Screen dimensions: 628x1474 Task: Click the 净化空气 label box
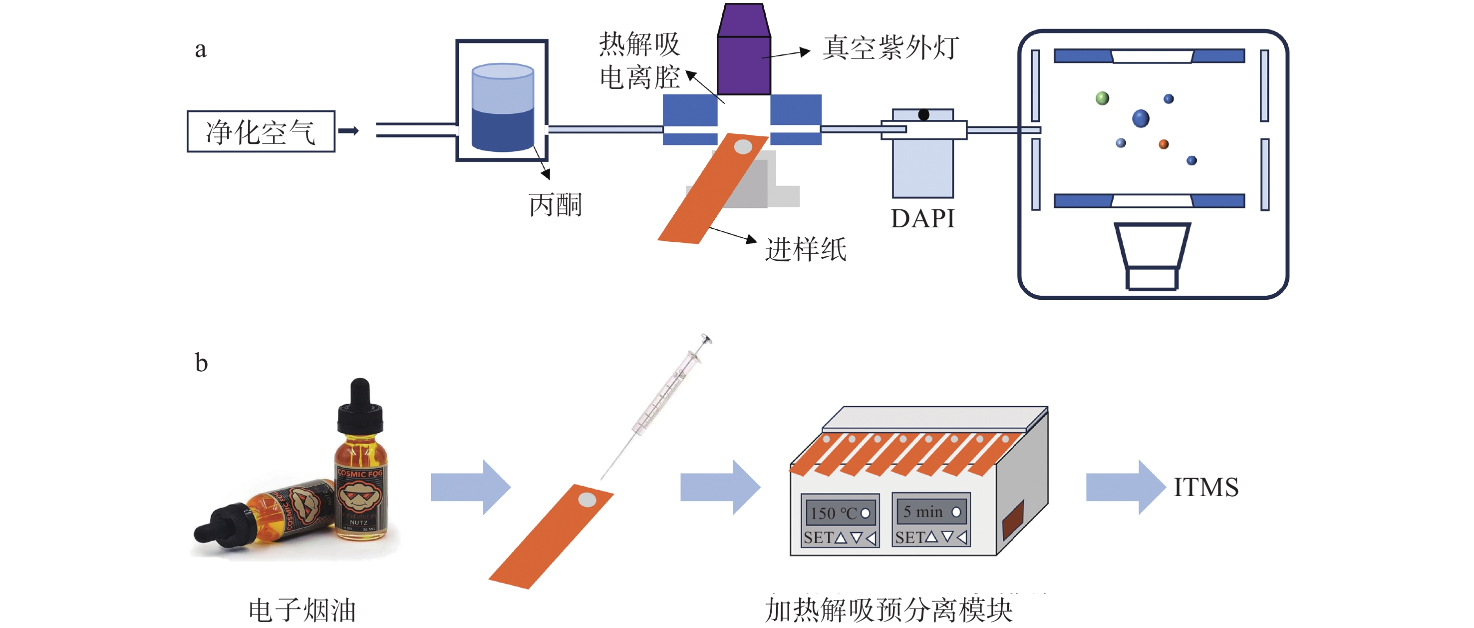261,132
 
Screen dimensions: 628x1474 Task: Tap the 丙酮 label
555,205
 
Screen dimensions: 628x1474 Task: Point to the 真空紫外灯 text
890,47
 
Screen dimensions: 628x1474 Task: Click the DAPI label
922,219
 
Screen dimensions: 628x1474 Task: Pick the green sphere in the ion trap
1102,98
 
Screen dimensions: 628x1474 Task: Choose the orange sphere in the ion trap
1164,144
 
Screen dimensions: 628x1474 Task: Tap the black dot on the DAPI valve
923,115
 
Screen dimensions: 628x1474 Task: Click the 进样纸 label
806,250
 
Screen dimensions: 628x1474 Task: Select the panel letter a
200,50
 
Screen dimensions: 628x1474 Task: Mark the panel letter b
201,363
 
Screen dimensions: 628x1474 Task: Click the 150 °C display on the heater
839,513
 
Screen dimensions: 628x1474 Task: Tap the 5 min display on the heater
930,511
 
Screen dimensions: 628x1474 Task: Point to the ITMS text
1205,488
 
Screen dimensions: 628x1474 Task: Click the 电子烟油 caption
302,610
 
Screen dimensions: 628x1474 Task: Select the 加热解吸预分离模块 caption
888,610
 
